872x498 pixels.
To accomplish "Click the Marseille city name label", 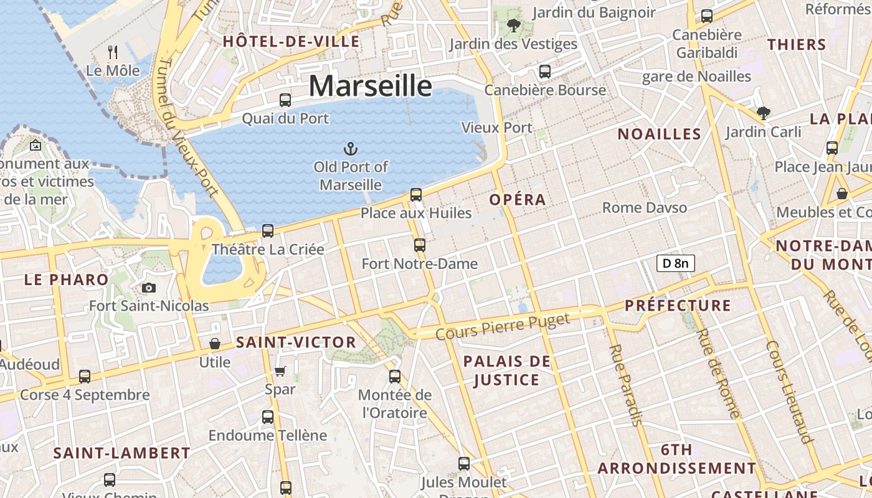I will point(370,85).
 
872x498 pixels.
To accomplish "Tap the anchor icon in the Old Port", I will point(351,148).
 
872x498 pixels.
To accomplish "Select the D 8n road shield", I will point(675,263).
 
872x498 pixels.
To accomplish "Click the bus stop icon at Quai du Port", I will point(285,100).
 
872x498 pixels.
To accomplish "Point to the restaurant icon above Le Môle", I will point(113,52).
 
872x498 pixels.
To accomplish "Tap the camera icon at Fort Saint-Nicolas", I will point(148,288).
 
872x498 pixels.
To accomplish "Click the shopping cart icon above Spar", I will point(280,372).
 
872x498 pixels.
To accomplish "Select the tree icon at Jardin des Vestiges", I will point(514,26).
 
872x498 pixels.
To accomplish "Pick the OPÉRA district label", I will point(518,200).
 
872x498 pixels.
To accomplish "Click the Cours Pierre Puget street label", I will point(503,327).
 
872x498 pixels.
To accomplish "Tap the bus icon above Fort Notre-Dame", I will point(420,245).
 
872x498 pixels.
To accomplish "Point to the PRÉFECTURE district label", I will point(678,306).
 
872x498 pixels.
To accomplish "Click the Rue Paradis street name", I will point(625,386).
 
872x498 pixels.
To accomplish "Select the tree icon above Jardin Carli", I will point(764,113).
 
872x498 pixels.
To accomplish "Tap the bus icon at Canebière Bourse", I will point(545,72).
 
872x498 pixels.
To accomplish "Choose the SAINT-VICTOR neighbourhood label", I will point(296,342).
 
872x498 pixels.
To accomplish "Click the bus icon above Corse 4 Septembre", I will point(85,376).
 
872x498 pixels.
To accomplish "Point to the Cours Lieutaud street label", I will point(790,392).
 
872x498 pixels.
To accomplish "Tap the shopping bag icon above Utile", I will point(215,344).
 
